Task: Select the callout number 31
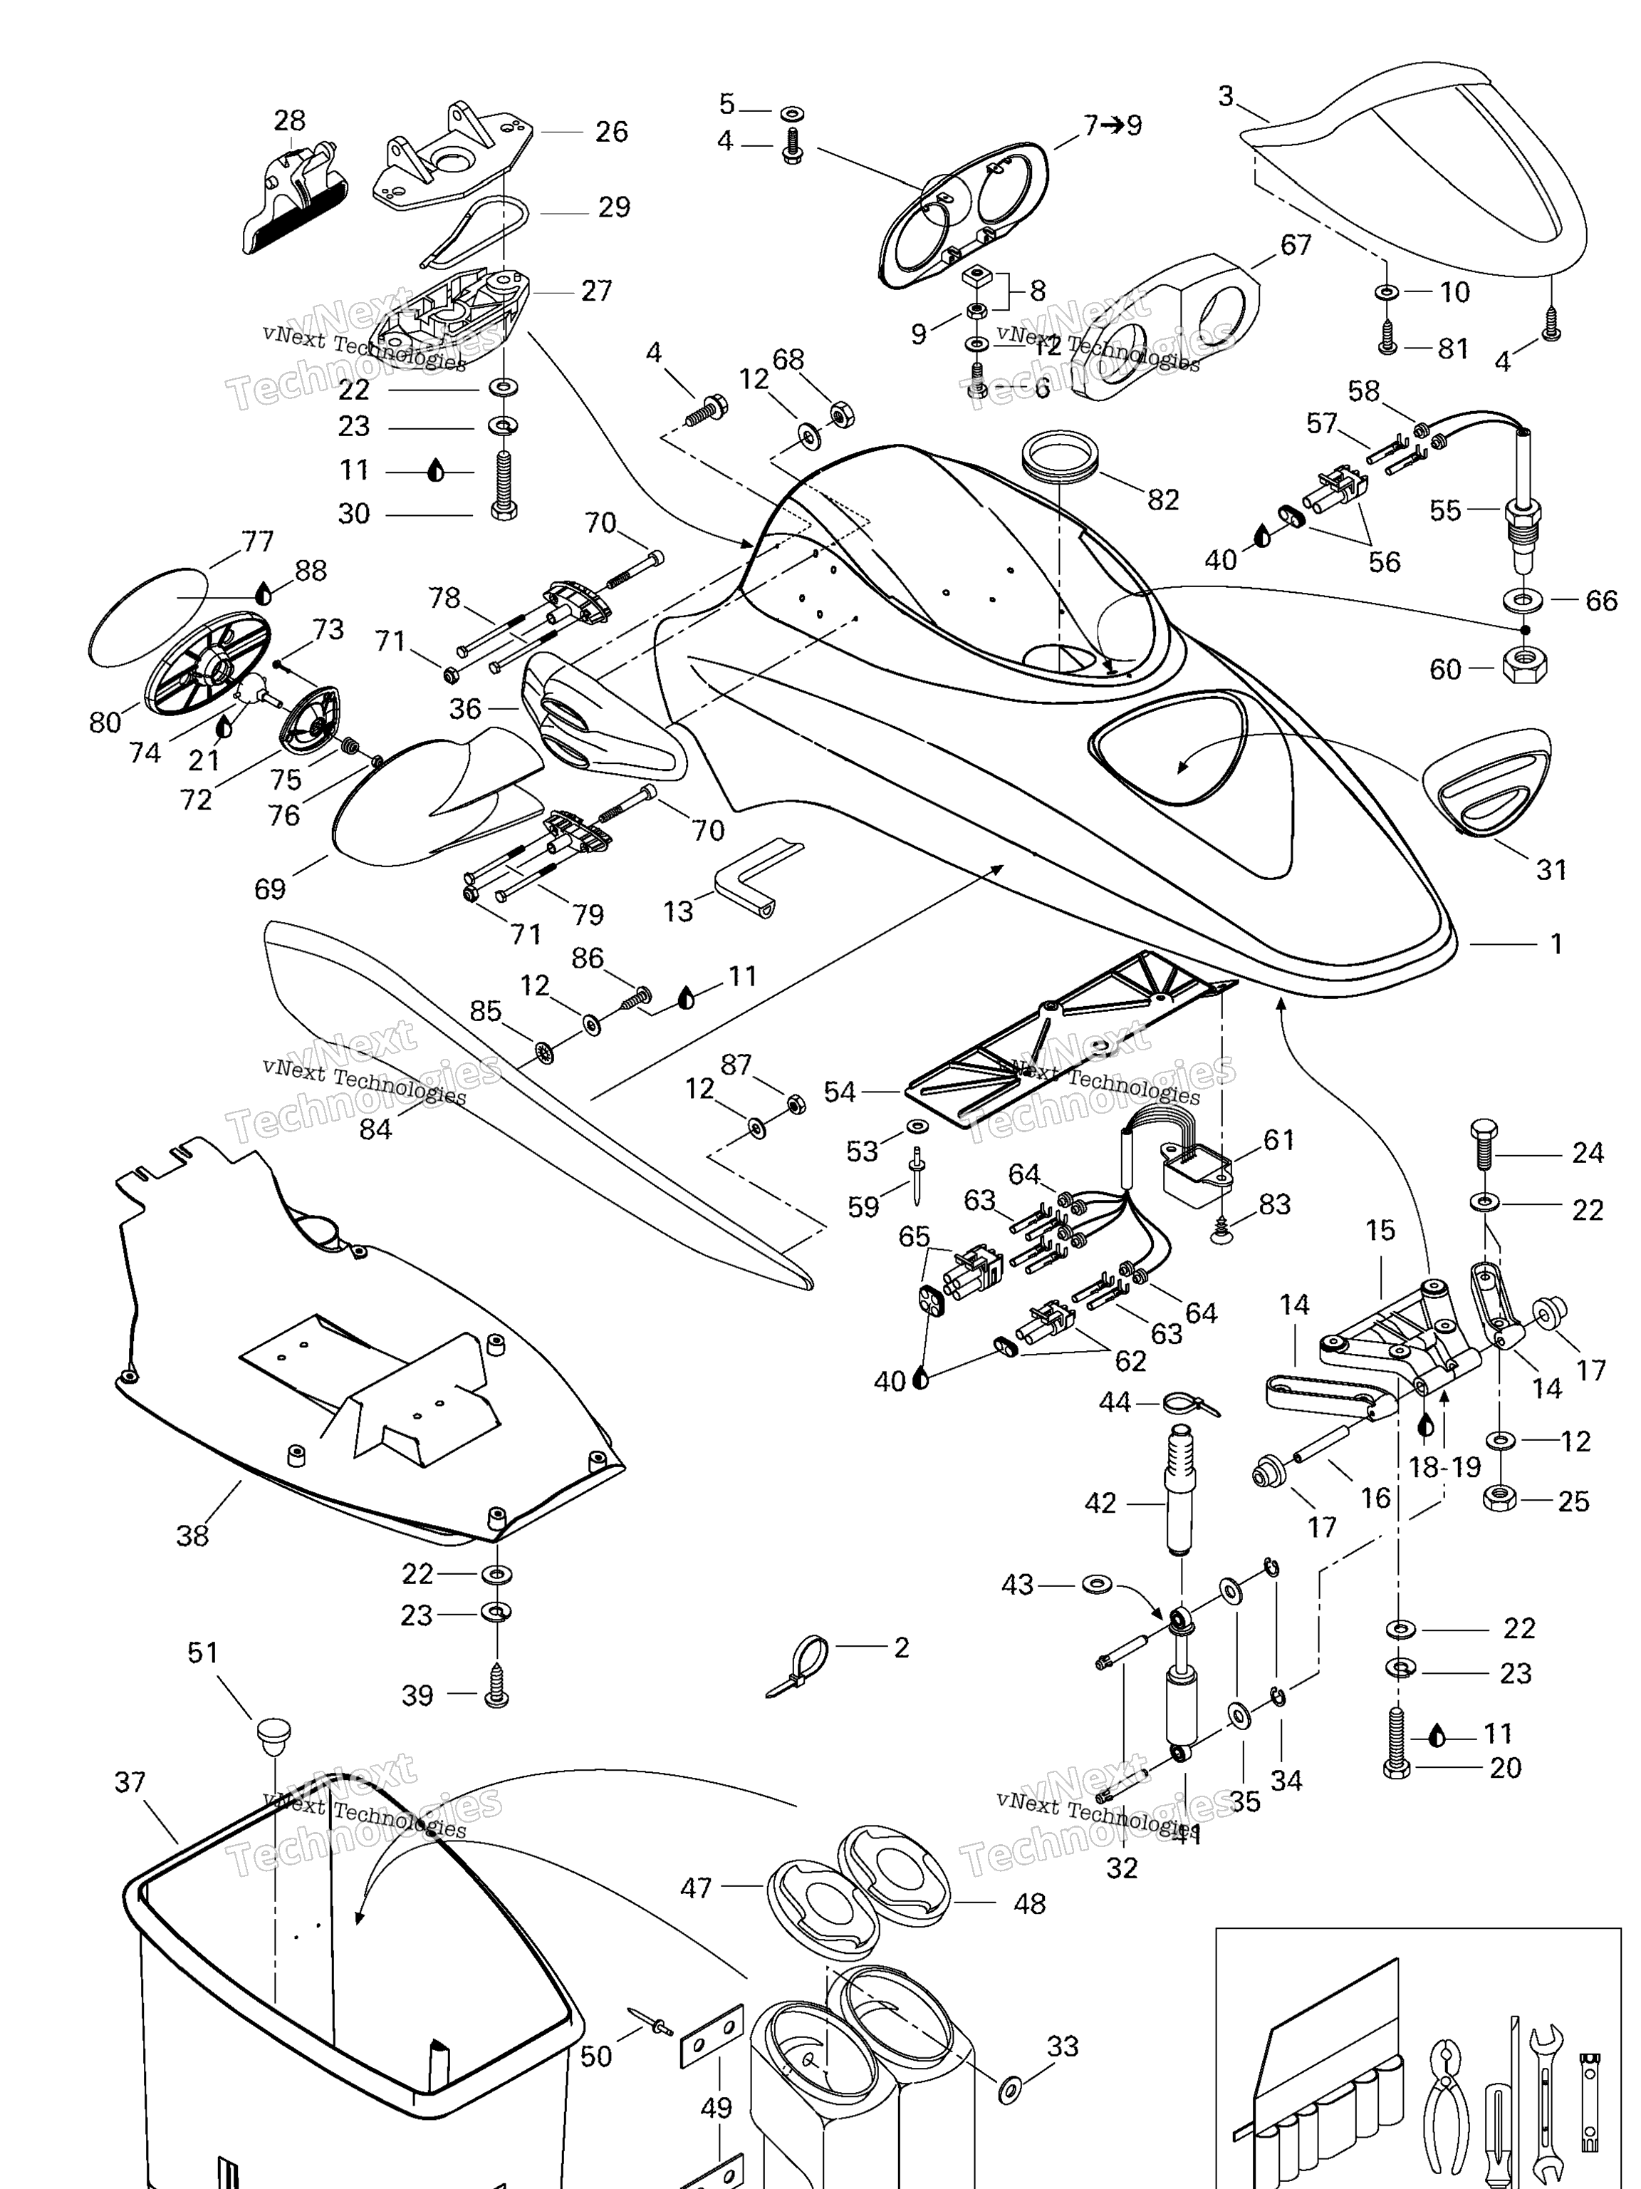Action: (1551, 870)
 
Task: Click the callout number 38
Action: (192, 1536)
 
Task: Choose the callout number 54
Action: (839, 1092)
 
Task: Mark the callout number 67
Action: (1296, 244)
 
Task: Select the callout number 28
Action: (289, 120)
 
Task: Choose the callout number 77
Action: (257, 542)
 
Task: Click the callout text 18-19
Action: (1444, 1466)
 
